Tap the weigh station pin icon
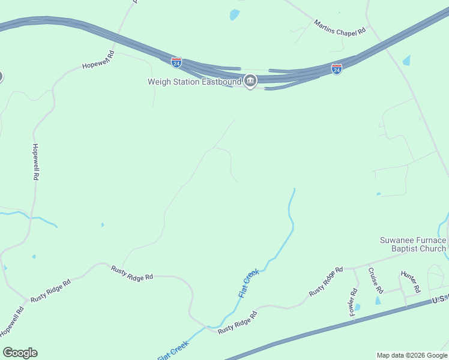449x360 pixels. [x=250, y=81]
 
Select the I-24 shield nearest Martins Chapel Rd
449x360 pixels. [x=337, y=69]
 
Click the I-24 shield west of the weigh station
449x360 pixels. [x=176, y=62]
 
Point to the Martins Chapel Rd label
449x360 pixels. [x=339, y=27]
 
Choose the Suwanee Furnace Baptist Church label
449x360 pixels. [x=413, y=245]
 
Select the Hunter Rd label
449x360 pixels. [x=411, y=281]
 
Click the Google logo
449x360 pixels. [x=20, y=352]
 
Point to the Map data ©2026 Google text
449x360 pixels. [x=412, y=355]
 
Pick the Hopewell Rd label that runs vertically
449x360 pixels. [x=35, y=162]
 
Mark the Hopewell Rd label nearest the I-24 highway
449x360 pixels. [x=98, y=60]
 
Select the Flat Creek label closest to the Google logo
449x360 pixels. [x=173, y=350]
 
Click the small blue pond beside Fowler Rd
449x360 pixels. [x=358, y=307]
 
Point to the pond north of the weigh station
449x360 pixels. [x=234, y=14]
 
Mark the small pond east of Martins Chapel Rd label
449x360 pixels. [x=406, y=60]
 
